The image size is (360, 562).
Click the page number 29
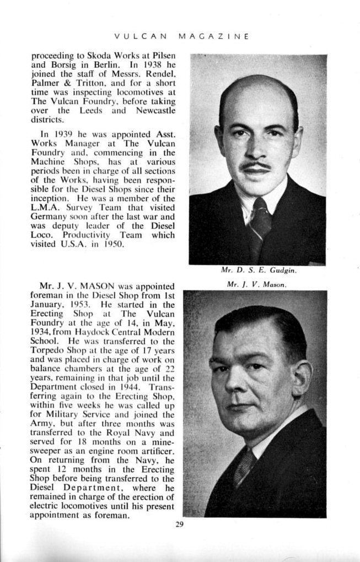pos(179,524)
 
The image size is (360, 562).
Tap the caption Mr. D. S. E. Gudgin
pos(259,271)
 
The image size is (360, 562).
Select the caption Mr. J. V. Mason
pos(259,284)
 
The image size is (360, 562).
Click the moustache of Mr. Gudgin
pos(256,165)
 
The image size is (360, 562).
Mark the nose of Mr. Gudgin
pos(256,150)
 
